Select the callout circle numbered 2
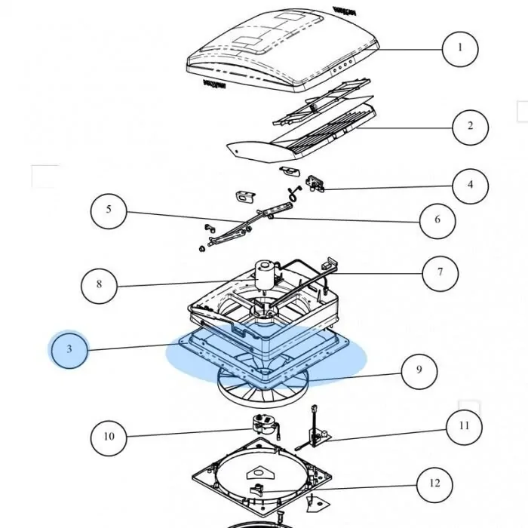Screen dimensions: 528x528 (471, 125)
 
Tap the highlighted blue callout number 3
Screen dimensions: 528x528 (69, 349)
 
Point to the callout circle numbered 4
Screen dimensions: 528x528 (471, 184)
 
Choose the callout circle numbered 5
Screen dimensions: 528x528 (109, 210)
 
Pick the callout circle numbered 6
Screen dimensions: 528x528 (437, 220)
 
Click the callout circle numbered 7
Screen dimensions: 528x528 (441, 272)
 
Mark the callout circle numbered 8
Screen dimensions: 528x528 (100, 284)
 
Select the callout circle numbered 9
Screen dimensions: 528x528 (419, 370)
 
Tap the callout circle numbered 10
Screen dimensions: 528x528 (109, 436)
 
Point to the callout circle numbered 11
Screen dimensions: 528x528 (463, 426)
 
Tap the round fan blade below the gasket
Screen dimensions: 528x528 (260, 386)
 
